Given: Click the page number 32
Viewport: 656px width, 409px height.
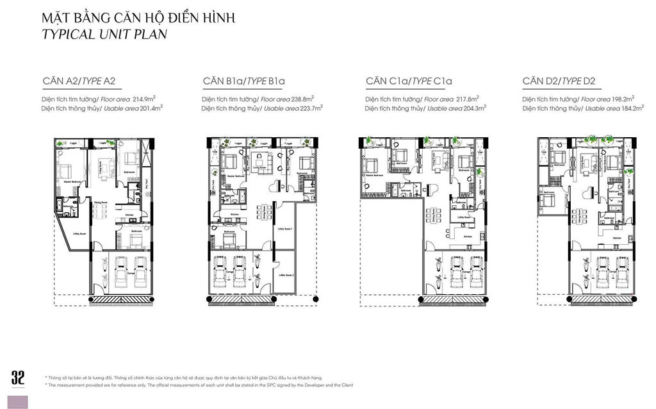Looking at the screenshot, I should tap(18, 378).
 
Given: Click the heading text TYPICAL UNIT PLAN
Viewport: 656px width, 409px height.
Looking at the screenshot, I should tap(104, 35).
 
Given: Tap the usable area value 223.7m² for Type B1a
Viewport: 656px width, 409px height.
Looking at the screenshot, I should tap(307, 108).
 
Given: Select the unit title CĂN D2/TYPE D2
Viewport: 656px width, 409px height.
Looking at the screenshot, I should tap(559, 81).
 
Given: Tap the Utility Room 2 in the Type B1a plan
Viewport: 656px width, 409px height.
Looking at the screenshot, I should tap(285, 274).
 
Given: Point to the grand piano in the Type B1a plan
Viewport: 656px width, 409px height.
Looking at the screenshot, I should tap(277, 187).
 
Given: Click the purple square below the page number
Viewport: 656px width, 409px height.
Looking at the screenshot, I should tap(18, 402).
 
